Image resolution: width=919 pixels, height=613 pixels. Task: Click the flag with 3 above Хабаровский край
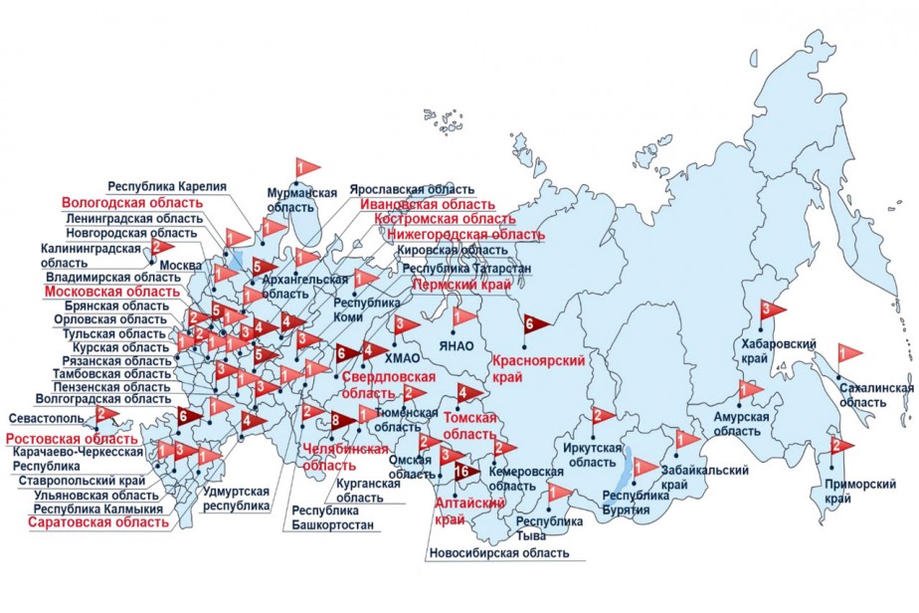pyautogui.click(x=771, y=309)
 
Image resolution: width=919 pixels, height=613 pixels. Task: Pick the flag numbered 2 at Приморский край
pyautogui.click(x=840, y=445)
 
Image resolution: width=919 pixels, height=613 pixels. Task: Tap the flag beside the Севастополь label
pyautogui.click(x=105, y=414)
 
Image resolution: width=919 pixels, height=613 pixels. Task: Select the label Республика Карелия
pyautogui.click(x=168, y=186)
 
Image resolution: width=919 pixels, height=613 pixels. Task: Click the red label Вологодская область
pyautogui.click(x=132, y=202)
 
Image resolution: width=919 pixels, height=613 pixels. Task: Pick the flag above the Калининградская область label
pyautogui.click(x=160, y=246)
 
